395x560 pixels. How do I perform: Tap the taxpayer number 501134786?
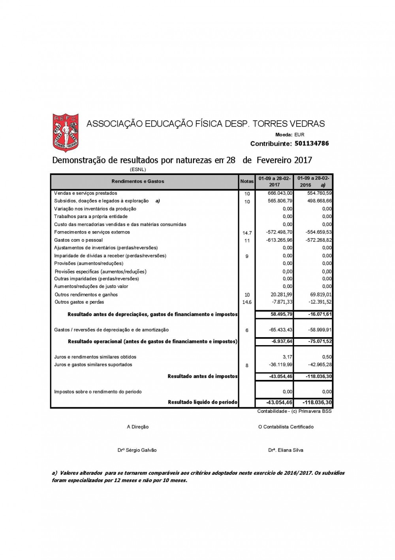click(312, 143)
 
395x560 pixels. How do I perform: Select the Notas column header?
click(247, 181)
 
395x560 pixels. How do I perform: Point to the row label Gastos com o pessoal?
click(78, 240)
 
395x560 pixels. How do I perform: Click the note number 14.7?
click(247, 233)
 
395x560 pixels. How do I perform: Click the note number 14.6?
click(247, 302)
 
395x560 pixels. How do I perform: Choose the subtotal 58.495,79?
click(282, 314)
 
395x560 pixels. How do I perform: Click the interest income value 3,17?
click(288, 357)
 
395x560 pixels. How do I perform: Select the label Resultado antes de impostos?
click(202, 376)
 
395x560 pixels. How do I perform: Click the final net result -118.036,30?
click(317, 402)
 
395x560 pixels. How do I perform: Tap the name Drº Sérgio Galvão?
click(137, 450)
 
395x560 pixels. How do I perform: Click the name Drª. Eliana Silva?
click(286, 450)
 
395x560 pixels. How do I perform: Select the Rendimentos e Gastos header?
click(137, 181)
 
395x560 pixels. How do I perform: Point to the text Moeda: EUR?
click(290, 135)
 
